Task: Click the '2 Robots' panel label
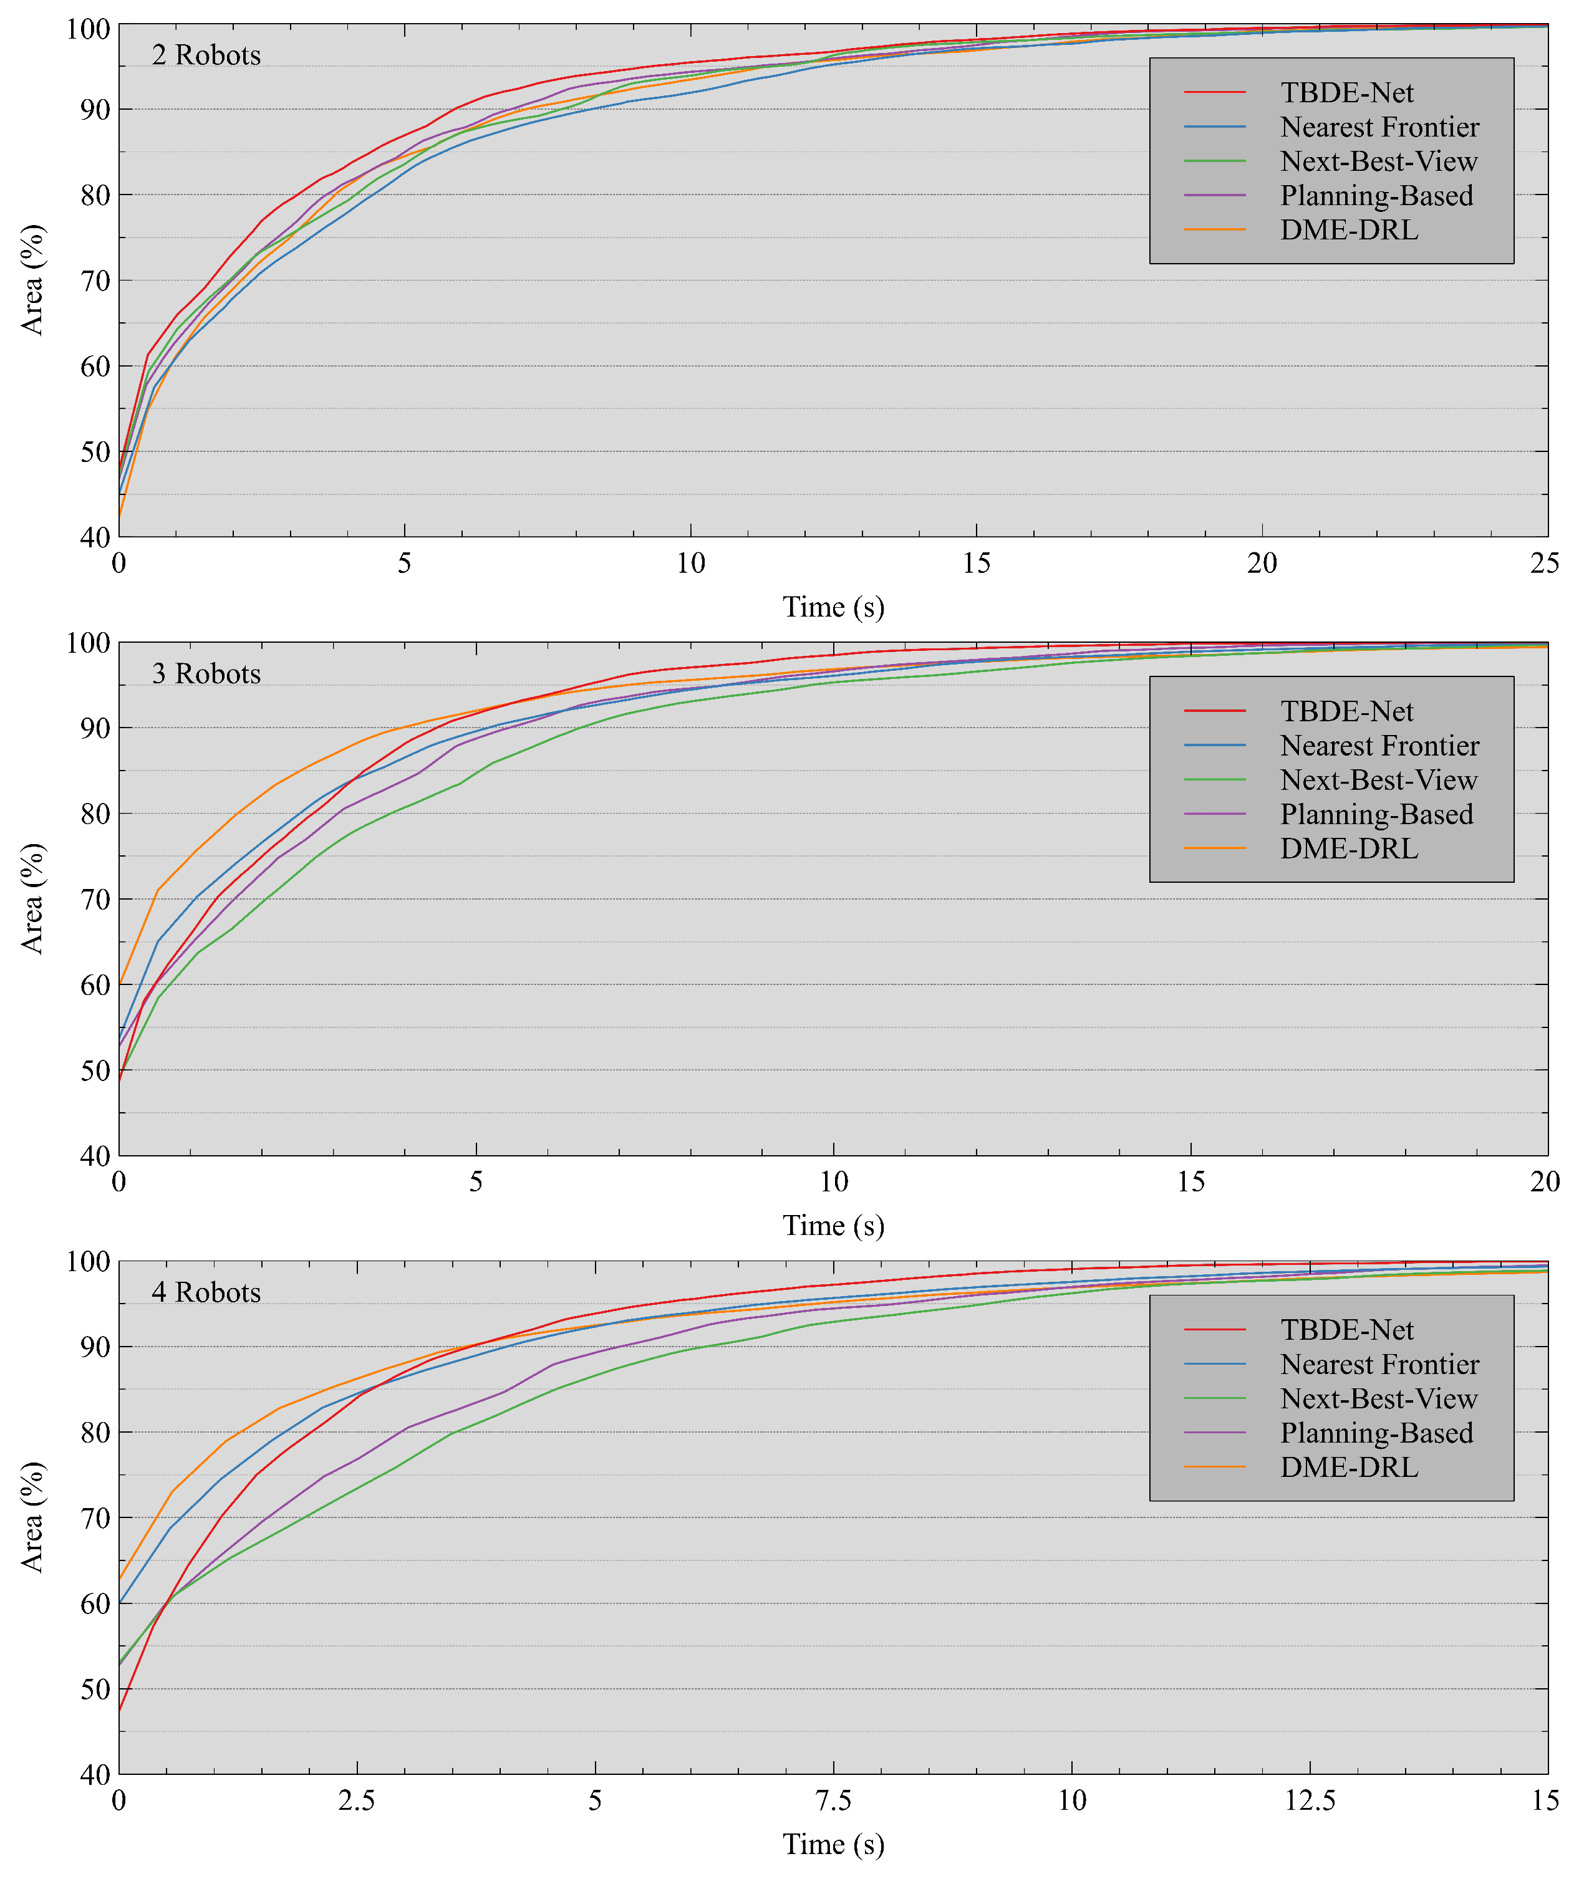[x=206, y=55]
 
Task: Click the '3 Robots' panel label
[x=206, y=674]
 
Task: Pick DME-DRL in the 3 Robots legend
[x=1348, y=849]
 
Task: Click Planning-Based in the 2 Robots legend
[x=1376, y=196]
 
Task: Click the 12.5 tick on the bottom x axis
[x=1310, y=1800]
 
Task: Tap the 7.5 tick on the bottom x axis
[x=833, y=1800]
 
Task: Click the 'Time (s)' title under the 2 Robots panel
[x=833, y=608]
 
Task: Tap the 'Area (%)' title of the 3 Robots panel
[x=32, y=898]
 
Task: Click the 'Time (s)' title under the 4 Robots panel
[x=833, y=1844]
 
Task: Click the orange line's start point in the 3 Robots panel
[x=120, y=984]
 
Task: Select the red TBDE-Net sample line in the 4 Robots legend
[x=1215, y=1330]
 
